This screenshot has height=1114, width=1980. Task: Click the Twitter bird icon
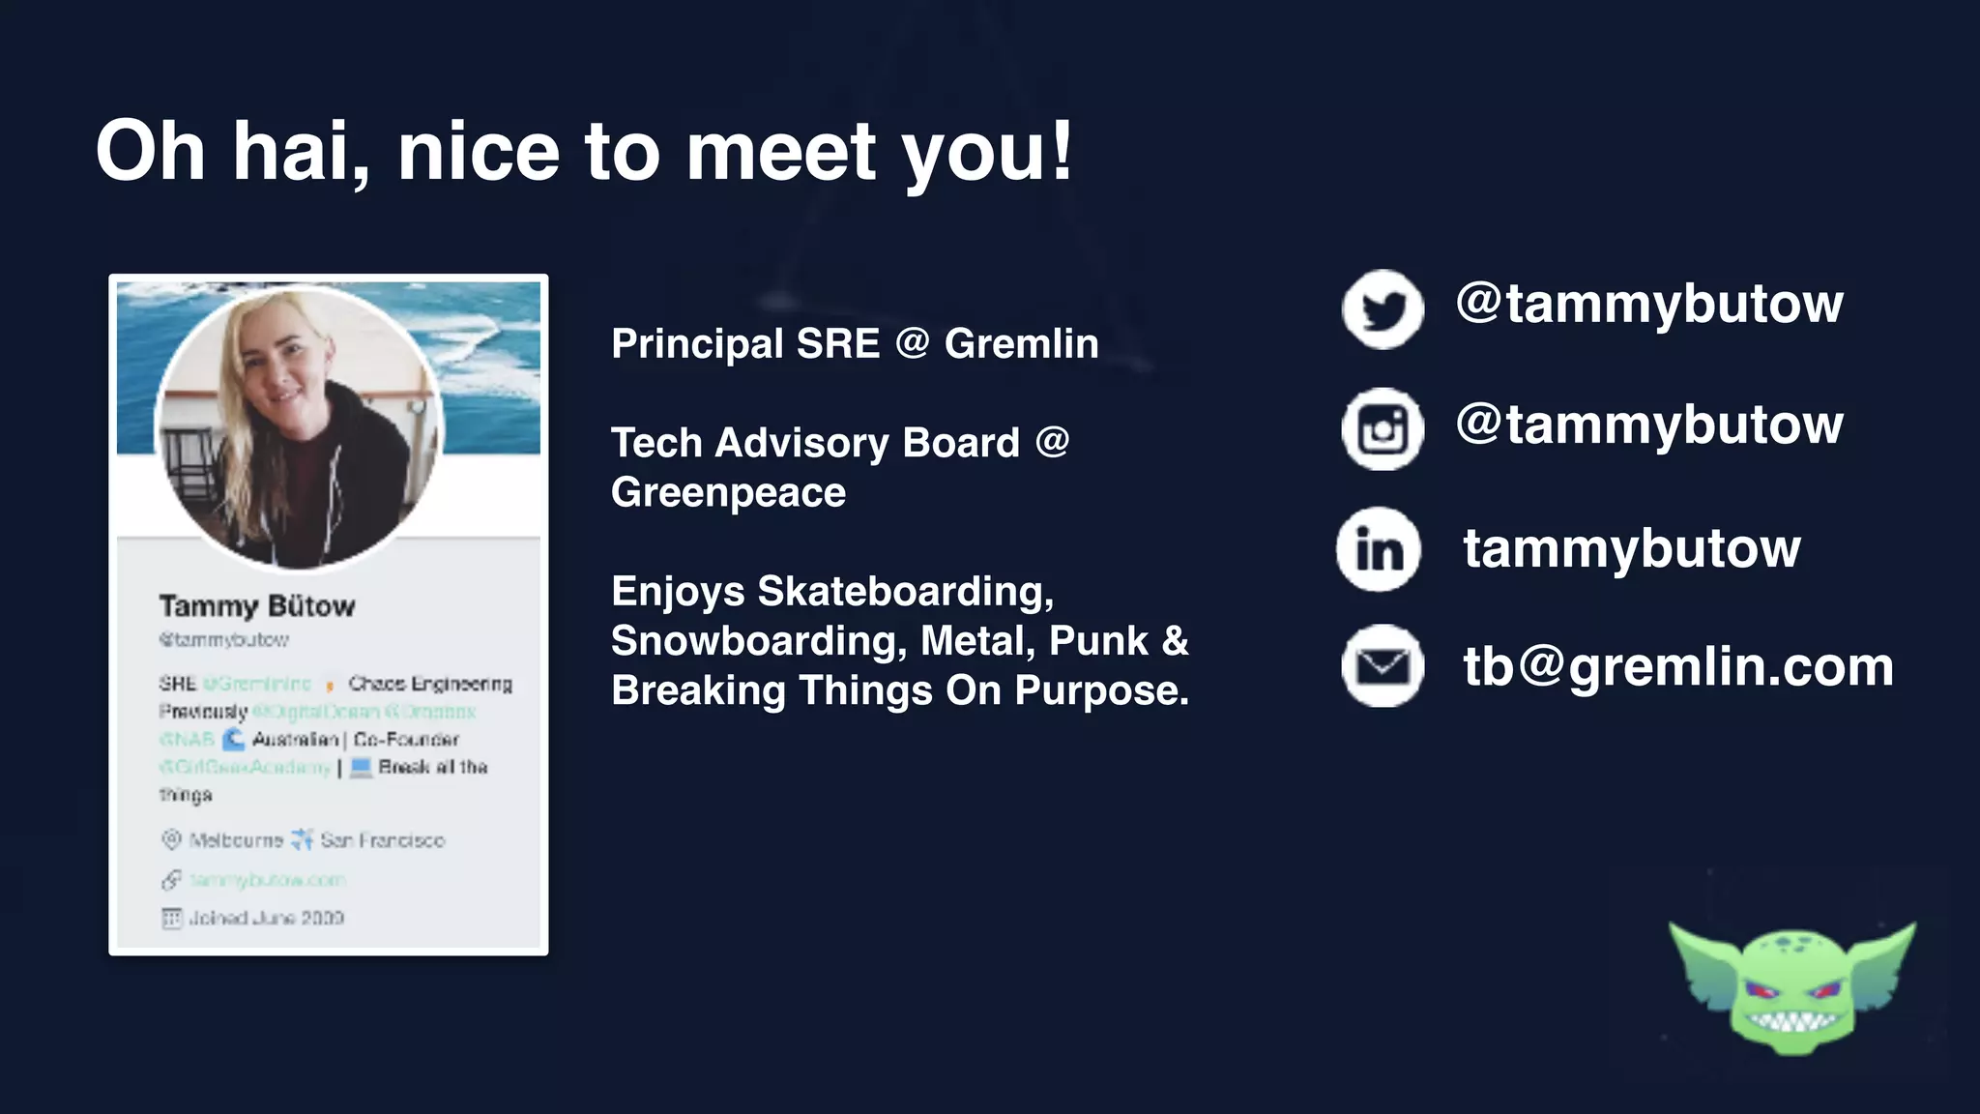pos(1383,309)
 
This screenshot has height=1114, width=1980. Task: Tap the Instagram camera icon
pos(1383,428)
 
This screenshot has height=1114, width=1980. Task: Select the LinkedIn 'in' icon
pos(1379,549)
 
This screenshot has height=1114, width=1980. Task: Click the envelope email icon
pos(1383,666)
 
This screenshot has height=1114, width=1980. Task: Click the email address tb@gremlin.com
pos(1677,667)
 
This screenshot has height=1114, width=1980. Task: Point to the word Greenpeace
pos(728,493)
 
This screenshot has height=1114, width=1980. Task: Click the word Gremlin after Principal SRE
pos(1021,344)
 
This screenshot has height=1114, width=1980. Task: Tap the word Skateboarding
pos(905,592)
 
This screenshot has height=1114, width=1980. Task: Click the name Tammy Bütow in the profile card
pos(257,606)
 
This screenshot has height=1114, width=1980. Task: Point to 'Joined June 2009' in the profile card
pos(266,918)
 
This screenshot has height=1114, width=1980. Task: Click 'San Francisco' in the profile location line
pos(383,840)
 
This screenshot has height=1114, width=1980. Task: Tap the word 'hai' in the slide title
pos(301,152)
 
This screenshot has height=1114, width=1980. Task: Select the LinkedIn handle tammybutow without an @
pos(1631,548)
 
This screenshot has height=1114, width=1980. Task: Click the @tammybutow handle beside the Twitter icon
pos(1649,304)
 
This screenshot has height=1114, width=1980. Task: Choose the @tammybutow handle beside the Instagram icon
pos(1649,425)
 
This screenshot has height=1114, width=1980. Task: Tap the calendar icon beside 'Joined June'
pos(172,918)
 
